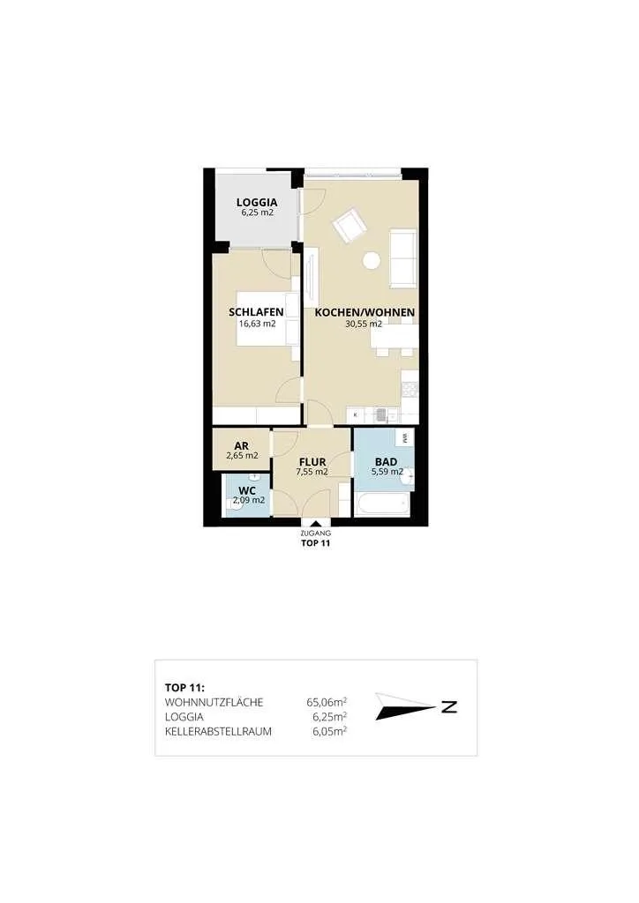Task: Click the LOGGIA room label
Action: (257, 202)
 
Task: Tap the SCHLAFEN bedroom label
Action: (256, 312)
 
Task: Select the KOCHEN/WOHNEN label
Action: (365, 313)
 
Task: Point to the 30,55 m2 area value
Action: (364, 324)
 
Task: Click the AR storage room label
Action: (242, 446)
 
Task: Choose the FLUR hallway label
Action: (312, 462)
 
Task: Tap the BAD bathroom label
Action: (386, 462)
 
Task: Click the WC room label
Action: (246, 490)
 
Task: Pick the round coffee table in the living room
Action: (371, 261)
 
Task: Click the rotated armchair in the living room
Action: (350, 227)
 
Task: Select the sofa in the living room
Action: (402, 258)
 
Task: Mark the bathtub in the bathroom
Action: (382, 504)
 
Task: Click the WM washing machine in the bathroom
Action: (405, 437)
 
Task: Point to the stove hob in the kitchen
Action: (410, 391)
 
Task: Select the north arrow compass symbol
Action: (416, 706)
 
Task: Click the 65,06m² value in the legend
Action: (327, 702)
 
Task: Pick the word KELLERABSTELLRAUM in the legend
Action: (218, 732)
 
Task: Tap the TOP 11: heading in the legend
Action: (185, 688)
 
